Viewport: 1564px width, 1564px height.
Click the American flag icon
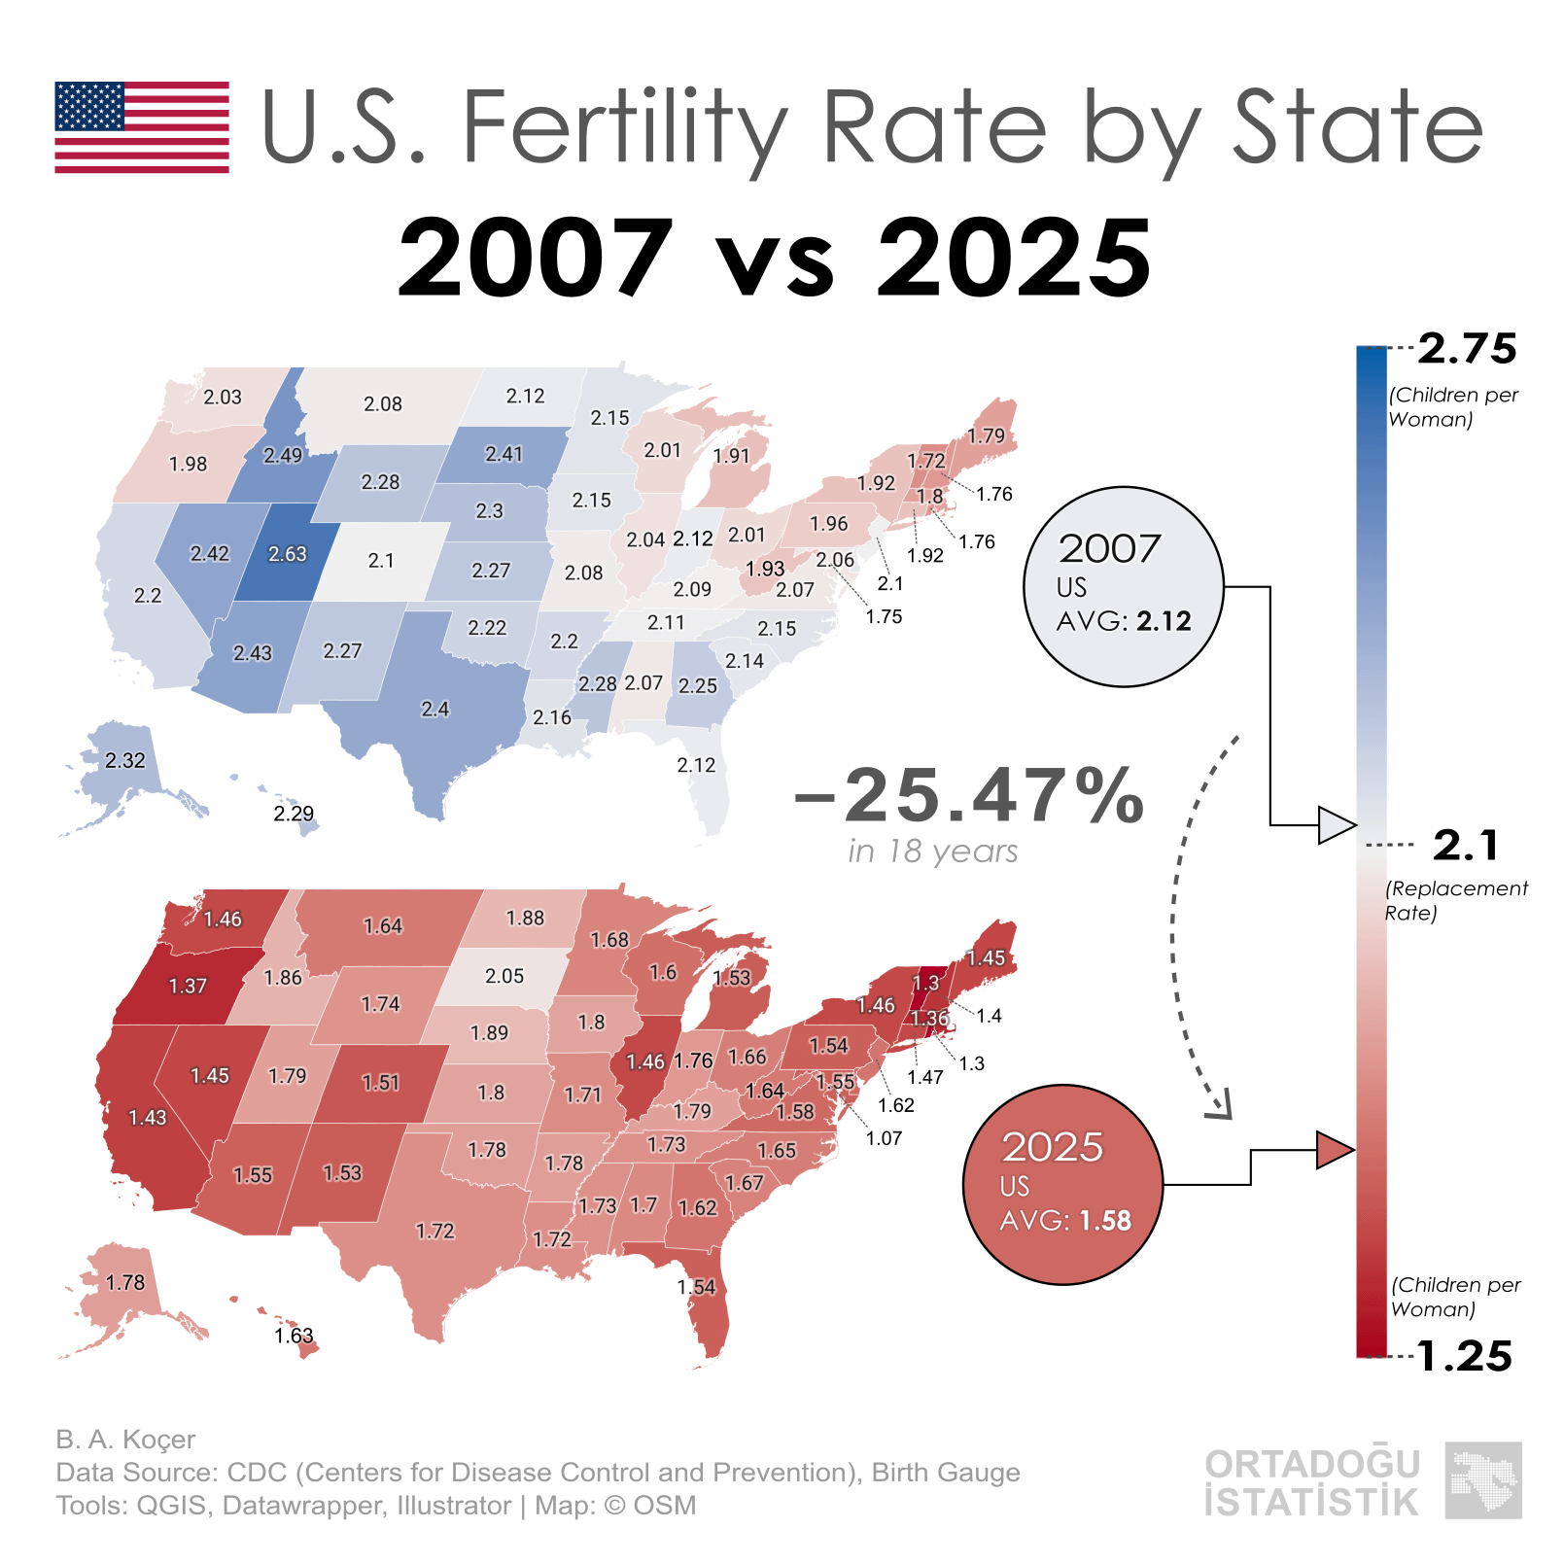tap(142, 127)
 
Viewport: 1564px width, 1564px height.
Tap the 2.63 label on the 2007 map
tap(288, 554)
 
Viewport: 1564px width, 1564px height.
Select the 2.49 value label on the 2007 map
tap(283, 455)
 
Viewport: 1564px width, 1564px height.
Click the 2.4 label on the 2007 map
tap(434, 710)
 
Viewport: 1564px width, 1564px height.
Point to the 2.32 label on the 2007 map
tap(125, 761)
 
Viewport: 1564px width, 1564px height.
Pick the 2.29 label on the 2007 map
tap(294, 814)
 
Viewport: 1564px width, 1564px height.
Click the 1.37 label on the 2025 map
tap(188, 987)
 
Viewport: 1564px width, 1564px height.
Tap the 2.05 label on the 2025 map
tap(504, 976)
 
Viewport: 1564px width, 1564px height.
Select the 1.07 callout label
tap(884, 1138)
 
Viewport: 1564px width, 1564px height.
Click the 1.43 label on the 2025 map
tap(148, 1118)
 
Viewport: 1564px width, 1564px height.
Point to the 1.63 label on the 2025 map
tap(294, 1336)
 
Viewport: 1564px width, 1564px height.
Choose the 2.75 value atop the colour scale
tap(1467, 349)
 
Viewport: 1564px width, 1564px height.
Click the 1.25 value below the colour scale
tap(1465, 1357)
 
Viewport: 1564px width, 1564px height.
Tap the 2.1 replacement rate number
tap(1466, 846)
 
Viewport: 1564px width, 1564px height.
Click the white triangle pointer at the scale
tap(1335, 825)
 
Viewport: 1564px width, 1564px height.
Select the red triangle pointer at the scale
tap(1334, 1150)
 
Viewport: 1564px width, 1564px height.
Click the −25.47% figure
tap(969, 796)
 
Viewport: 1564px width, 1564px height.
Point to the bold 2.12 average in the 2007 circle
tap(1164, 621)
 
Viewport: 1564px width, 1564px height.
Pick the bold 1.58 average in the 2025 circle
tap(1104, 1221)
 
